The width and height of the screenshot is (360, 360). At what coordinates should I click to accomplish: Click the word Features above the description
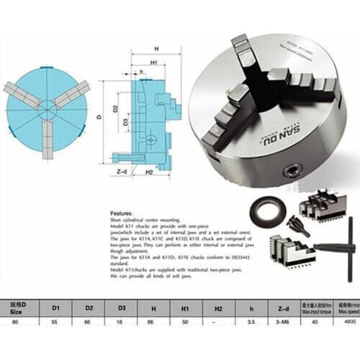click(121, 214)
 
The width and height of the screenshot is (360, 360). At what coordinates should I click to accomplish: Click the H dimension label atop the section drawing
click(156, 49)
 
